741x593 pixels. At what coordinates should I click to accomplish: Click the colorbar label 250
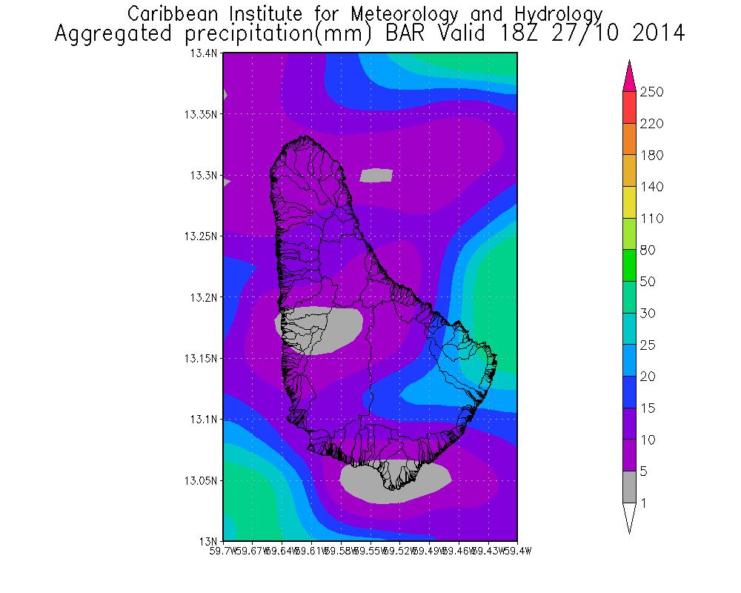652,92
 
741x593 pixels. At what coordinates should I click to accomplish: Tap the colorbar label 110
652,219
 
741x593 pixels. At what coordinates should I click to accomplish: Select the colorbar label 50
649,282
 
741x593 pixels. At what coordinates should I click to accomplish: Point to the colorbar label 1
645,503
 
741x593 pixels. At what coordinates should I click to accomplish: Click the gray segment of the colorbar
629,487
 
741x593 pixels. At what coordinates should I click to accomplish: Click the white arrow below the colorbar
629,517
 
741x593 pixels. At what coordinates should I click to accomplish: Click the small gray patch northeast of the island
376,176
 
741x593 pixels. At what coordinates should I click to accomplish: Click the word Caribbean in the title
177,14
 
